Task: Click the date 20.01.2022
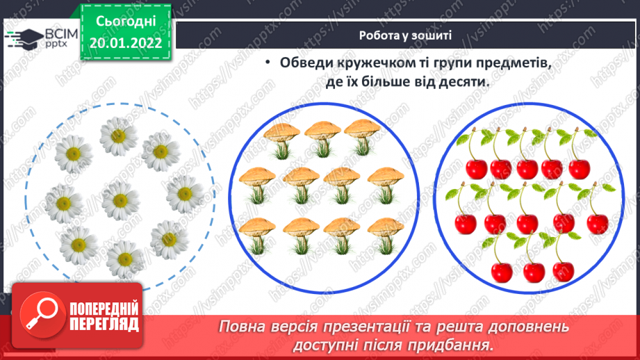tap(125, 42)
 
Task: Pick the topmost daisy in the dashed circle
tap(117, 136)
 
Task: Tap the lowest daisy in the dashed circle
tap(124, 260)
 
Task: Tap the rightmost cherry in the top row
tap(579, 167)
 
